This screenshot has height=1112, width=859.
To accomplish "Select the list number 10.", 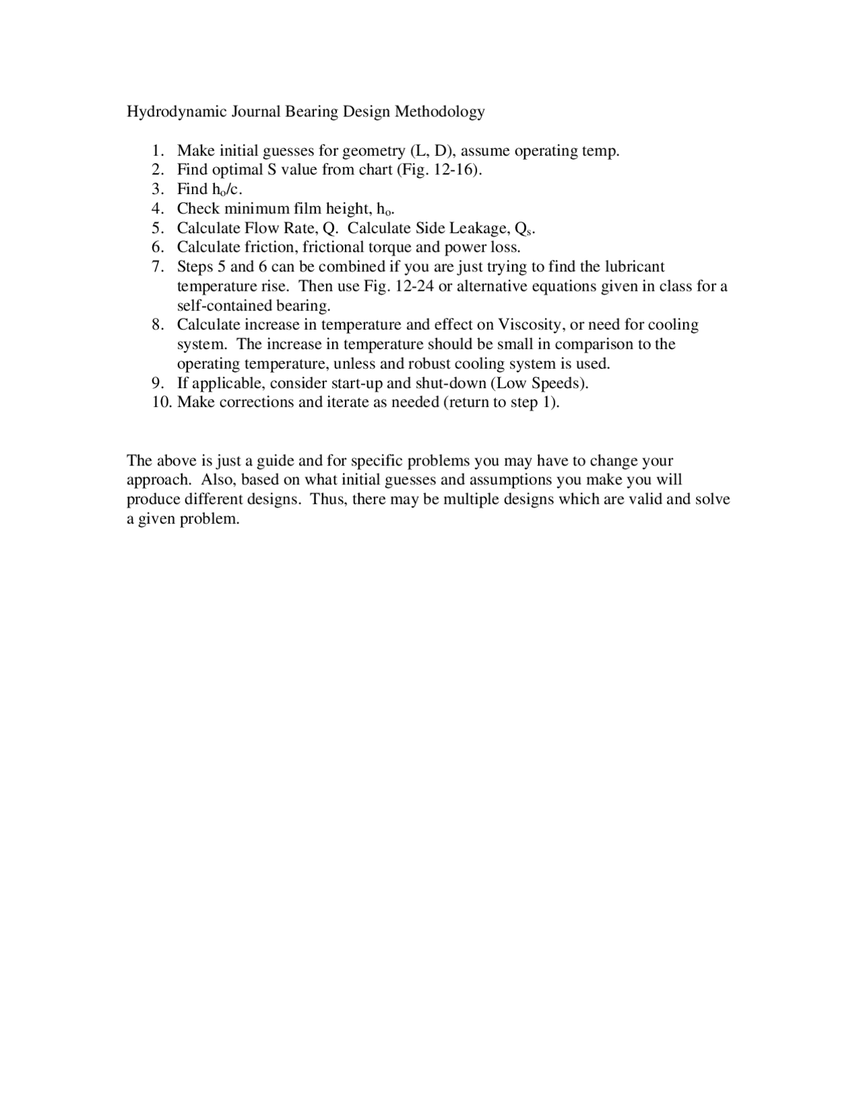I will coord(161,402).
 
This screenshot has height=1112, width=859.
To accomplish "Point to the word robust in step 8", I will coord(429,364).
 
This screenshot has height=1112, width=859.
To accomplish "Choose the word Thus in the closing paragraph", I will coord(327,500).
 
